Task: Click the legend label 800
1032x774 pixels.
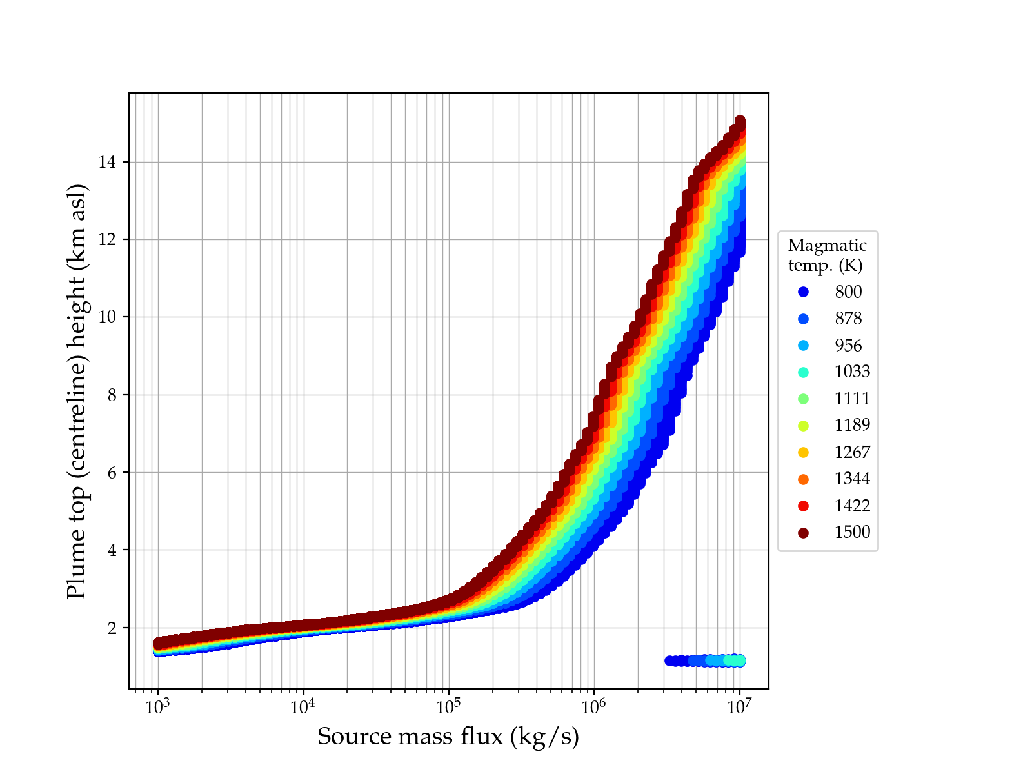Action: click(x=848, y=292)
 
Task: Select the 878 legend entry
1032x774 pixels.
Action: click(x=848, y=319)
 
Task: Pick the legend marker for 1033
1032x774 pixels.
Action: click(x=803, y=372)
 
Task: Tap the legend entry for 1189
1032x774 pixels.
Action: click(x=852, y=425)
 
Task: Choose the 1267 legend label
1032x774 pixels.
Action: click(x=852, y=452)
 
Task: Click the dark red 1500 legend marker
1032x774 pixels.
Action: click(x=803, y=533)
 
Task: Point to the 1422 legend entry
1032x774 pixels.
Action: click(x=852, y=506)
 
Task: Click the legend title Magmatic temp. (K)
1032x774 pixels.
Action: click(x=827, y=255)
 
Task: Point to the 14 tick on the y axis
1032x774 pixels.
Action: click(x=107, y=162)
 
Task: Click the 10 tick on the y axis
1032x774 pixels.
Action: click(x=107, y=317)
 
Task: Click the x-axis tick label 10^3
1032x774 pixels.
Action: click(x=157, y=707)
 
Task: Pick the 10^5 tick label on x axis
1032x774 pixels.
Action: click(x=448, y=707)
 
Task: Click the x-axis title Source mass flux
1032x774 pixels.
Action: click(x=448, y=737)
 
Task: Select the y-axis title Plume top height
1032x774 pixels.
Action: click(x=77, y=391)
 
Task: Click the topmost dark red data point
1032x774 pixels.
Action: click(x=740, y=121)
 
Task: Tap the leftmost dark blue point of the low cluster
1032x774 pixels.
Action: click(x=670, y=660)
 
